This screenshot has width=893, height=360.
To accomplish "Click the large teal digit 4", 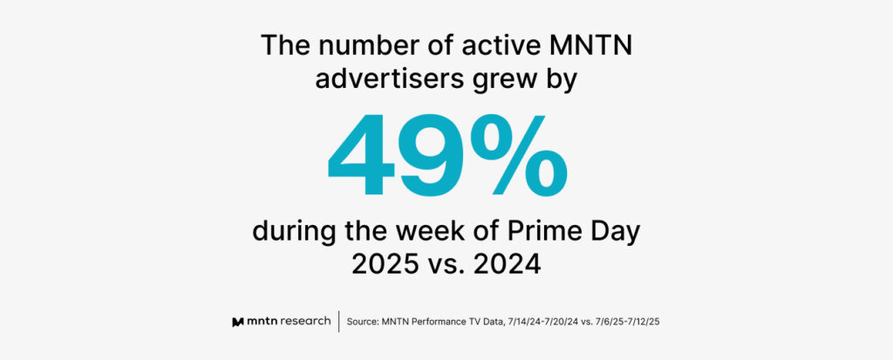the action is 362,155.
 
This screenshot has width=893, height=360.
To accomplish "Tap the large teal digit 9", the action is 433,155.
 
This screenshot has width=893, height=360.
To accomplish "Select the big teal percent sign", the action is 520,155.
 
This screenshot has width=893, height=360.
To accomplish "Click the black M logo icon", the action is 238,322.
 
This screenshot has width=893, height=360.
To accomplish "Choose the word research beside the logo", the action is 304,322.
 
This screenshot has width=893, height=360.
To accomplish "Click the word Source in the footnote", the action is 361,322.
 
